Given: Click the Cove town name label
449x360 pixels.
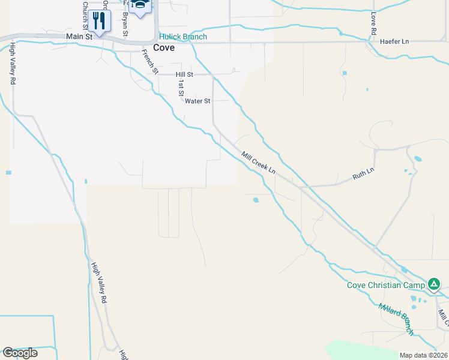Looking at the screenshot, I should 164,48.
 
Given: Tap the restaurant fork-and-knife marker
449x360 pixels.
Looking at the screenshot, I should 99,20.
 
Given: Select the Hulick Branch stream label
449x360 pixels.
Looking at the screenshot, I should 183,37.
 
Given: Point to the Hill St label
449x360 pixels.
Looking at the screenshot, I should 184,74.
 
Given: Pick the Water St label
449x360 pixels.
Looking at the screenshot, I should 197,101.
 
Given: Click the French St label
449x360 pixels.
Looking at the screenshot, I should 149,61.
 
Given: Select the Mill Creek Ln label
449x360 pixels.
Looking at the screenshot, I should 258,163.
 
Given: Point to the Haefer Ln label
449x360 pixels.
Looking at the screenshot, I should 394,41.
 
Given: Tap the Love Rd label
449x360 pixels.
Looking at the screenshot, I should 373,22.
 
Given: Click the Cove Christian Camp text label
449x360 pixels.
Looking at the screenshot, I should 385,284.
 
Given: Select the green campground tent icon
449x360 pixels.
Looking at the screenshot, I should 433,284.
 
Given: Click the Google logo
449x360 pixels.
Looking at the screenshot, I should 20,352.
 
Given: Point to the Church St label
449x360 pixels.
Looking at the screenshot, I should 85,14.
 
